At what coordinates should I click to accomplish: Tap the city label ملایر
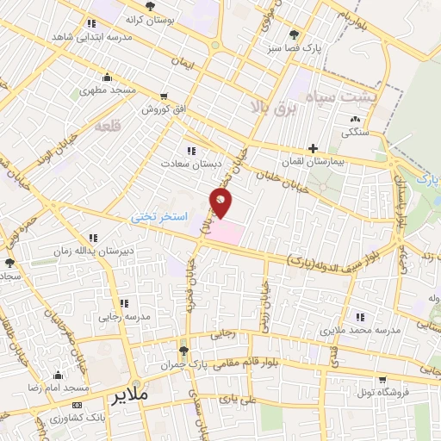pyautogui.click(x=130, y=395)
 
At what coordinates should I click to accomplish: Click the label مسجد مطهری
pyautogui.click(x=109, y=90)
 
